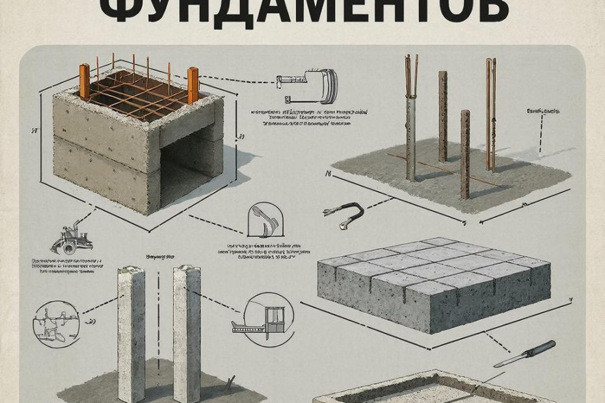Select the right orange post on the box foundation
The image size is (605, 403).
tap(193, 84)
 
